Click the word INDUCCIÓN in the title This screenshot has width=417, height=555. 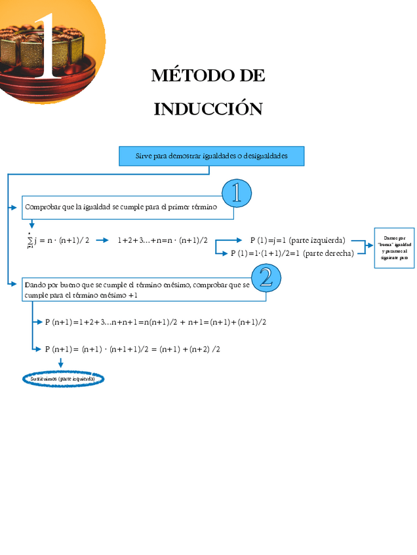208,109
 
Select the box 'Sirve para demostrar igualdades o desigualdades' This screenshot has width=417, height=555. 211,156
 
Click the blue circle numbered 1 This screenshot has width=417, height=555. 236,193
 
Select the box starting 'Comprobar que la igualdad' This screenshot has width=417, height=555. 127,207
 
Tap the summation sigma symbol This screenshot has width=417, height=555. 30,241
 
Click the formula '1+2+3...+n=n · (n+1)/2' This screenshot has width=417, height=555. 163,240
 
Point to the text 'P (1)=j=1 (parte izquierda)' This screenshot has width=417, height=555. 297,240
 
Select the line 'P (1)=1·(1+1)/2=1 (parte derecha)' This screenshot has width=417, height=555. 292,253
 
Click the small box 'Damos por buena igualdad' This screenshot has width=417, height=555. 394,248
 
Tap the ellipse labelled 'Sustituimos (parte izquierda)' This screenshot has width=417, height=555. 63,379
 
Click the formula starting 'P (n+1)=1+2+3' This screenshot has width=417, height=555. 155,322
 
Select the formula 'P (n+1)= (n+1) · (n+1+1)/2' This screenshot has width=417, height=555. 132,349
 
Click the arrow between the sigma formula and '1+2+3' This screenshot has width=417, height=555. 102,240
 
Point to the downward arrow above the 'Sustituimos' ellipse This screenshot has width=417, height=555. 61,363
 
